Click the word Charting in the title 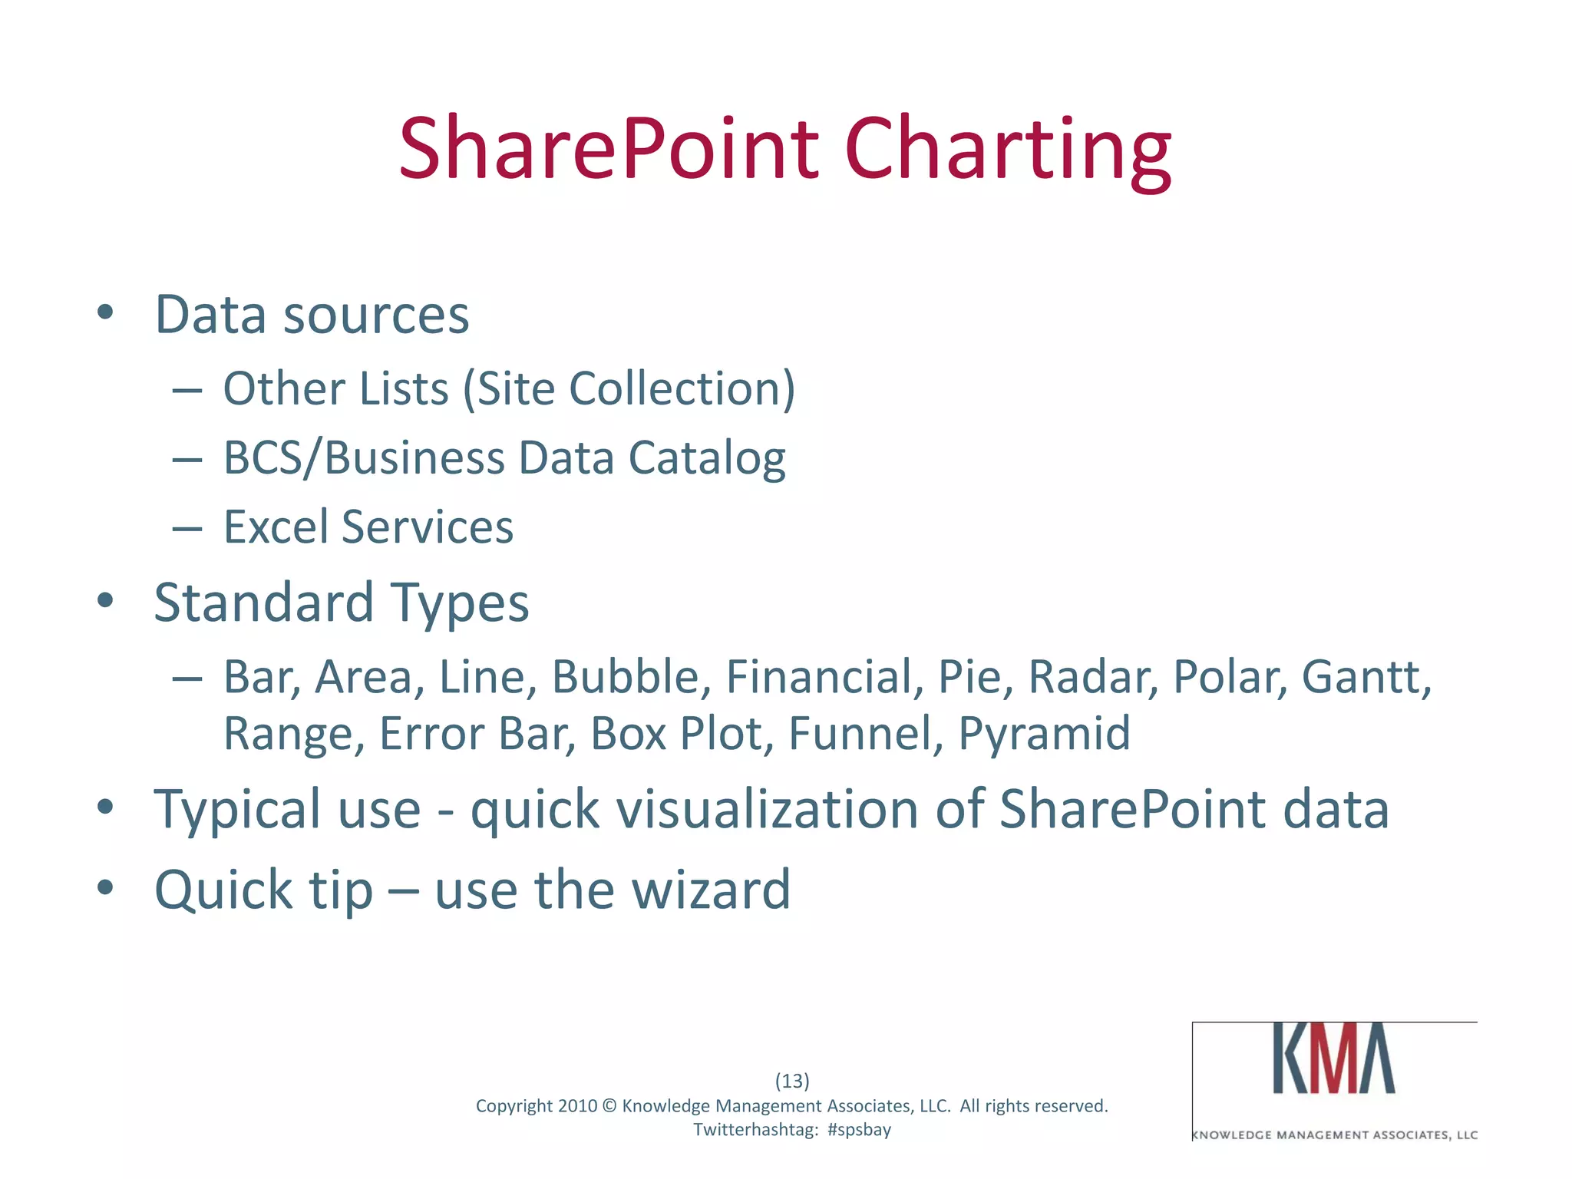[x=1007, y=150]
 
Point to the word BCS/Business [x=364, y=458]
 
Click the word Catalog [x=706, y=460]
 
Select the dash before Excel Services [x=187, y=529]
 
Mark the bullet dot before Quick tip [x=105, y=888]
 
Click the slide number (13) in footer [x=792, y=1081]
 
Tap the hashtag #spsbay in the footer [x=859, y=1130]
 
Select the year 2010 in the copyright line [x=577, y=1106]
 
